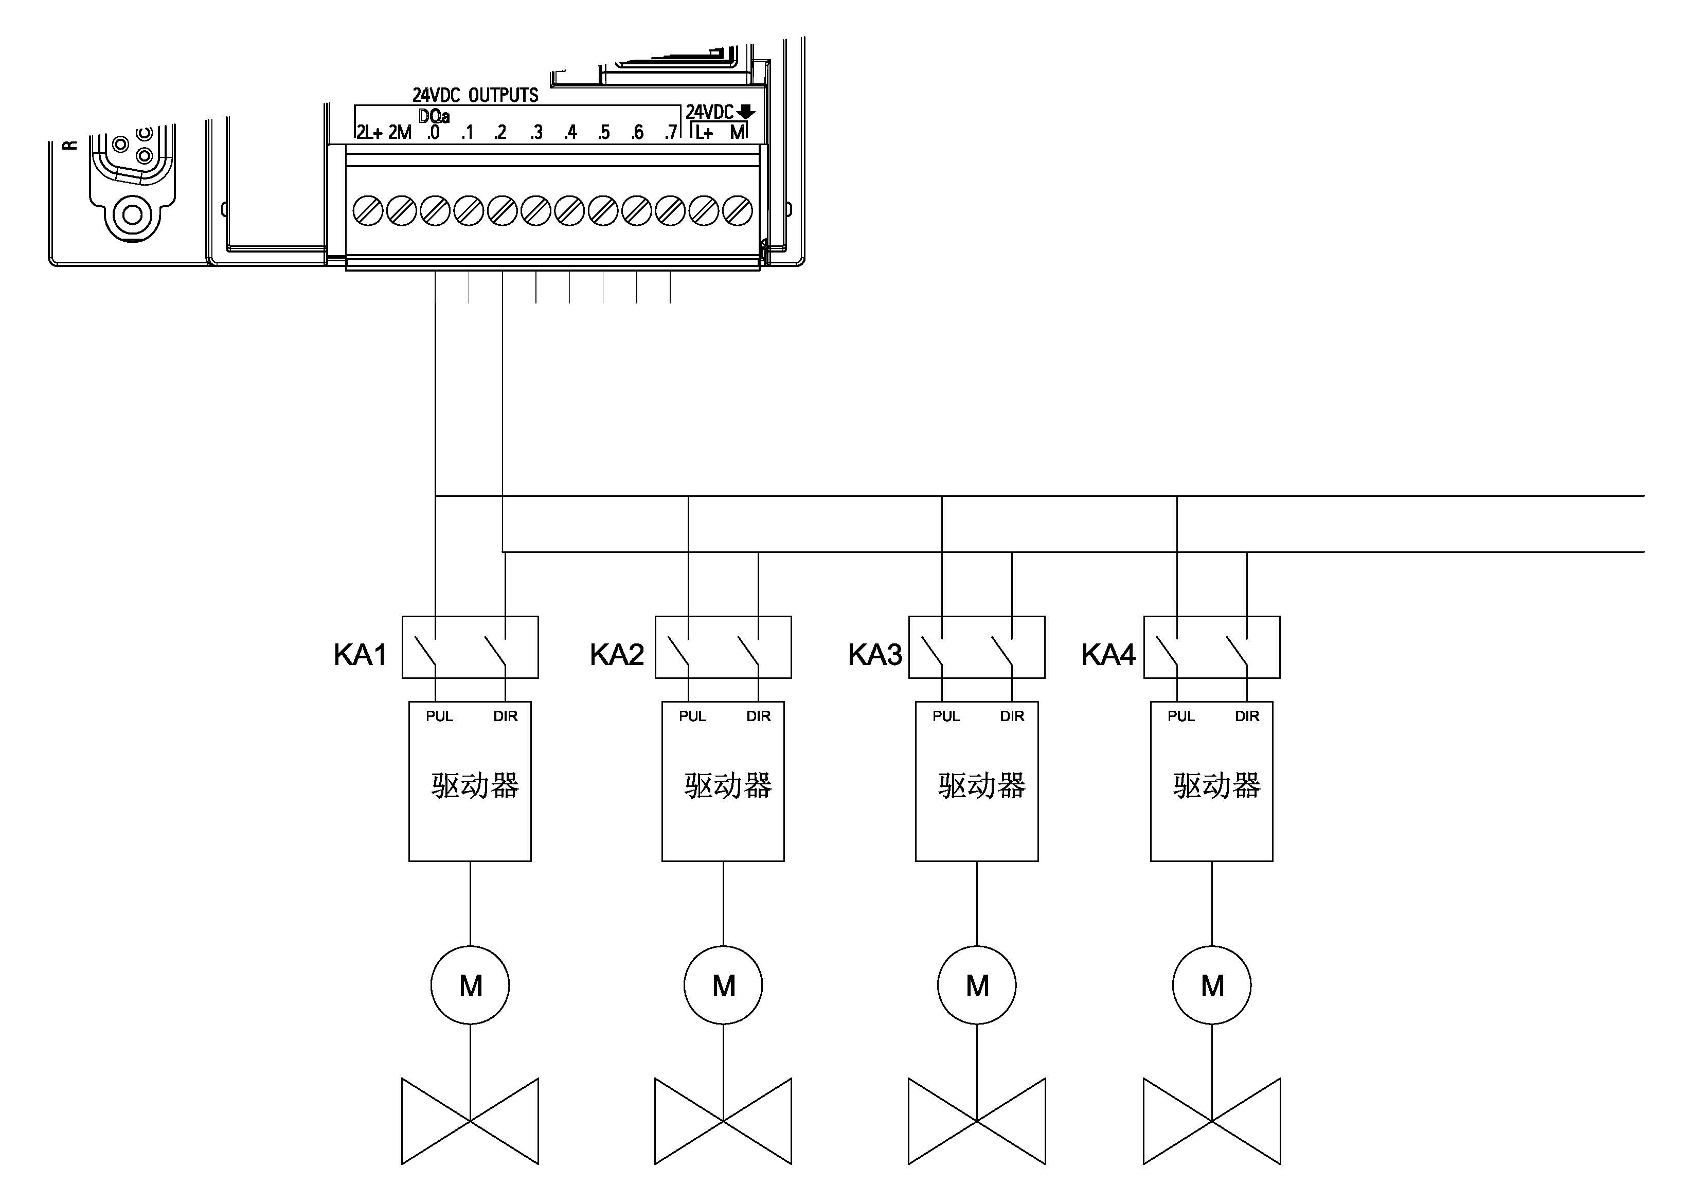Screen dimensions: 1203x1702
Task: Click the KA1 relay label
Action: (x=360, y=655)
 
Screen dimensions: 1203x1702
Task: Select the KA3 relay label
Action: (x=875, y=655)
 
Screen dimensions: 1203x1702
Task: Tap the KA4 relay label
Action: (x=1108, y=655)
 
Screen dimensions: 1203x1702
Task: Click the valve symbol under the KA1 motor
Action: (x=470, y=1121)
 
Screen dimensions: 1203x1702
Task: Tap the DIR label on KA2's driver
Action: (x=758, y=716)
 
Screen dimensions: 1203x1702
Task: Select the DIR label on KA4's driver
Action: (x=1247, y=716)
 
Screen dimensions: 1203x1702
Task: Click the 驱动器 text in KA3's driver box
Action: (x=981, y=786)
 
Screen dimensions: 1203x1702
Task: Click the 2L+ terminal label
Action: (x=369, y=133)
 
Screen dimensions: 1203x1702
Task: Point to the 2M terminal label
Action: (x=400, y=133)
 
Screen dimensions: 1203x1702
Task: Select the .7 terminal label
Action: (x=671, y=133)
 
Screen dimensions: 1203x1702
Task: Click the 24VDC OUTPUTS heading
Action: (x=475, y=95)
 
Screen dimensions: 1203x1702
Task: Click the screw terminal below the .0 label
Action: (x=435, y=211)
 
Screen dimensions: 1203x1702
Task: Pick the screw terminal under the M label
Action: (x=738, y=211)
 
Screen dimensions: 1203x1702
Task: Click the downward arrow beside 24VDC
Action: (x=746, y=112)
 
